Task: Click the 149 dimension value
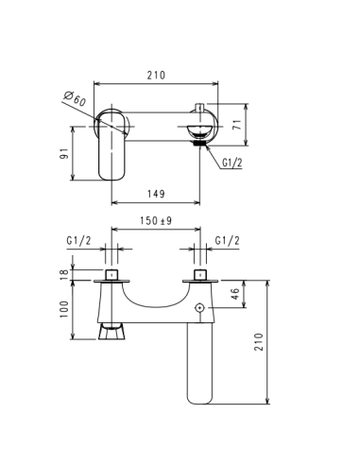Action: pos(156,194)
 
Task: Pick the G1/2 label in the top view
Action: pos(233,164)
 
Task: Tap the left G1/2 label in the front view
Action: pos(78,242)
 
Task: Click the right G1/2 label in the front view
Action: pos(228,242)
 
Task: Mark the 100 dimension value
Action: pos(65,309)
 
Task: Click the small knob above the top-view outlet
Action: pos(199,106)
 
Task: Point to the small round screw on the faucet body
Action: pos(200,309)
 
